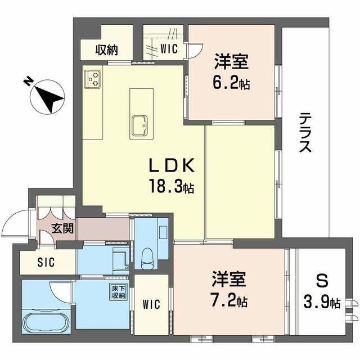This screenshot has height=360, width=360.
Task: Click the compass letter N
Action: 28,81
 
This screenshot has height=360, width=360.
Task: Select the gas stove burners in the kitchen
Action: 93,79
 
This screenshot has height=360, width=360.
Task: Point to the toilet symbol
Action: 147,259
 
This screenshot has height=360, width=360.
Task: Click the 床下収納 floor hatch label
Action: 119,292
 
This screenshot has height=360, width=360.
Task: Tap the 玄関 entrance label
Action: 62,228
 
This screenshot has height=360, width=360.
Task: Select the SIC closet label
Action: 46,262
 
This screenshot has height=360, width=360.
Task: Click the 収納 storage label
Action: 107,49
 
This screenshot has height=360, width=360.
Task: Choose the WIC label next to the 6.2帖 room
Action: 169,49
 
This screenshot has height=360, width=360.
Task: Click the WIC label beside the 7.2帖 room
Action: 151,305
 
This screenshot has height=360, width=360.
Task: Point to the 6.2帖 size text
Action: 231,83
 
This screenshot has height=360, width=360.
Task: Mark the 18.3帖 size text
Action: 172,186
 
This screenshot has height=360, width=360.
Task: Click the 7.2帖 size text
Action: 229,301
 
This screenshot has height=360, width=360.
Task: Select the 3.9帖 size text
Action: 322,302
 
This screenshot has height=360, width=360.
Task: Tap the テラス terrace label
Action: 305,133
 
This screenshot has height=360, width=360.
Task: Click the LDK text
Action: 172,166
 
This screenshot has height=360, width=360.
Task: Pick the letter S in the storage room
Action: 322,281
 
